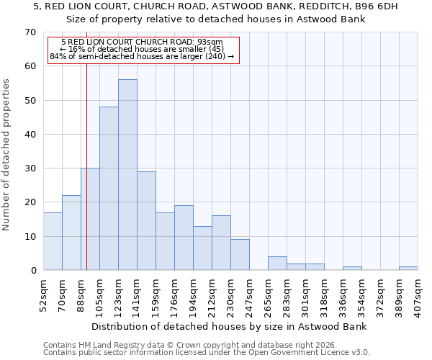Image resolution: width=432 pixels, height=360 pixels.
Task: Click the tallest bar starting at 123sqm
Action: pyautogui.click(x=127, y=175)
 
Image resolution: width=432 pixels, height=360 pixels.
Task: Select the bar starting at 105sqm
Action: pyautogui.click(x=109, y=189)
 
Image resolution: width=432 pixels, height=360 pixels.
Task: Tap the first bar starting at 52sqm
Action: pyautogui.click(x=53, y=241)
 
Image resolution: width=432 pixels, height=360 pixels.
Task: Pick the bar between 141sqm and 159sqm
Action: pyautogui.click(x=146, y=221)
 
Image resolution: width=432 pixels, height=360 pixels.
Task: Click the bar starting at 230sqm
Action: pyautogui.click(x=240, y=255)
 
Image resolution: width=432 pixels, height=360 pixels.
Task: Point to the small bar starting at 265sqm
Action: pyautogui.click(x=277, y=264)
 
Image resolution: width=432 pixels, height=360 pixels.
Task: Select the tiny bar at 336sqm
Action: pyautogui.click(x=352, y=269)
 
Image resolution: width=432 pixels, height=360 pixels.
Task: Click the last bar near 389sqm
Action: pyautogui.click(x=408, y=269)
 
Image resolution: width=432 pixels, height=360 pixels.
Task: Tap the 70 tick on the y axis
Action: pyautogui.click(x=30, y=32)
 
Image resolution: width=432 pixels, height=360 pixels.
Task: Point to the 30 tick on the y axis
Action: pyautogui.click(x=30, y=168)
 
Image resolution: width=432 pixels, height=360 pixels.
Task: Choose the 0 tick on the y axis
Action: pyautogui.click(x=33, y=271)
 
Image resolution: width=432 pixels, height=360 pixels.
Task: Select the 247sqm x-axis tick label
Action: pyautogui.click(x=249, y=294)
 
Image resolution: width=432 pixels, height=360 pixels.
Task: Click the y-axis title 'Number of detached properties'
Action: pyautogui.click(x=7, y=156)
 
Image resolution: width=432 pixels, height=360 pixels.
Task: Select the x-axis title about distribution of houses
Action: pyautogui.click(x=230, y=326)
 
